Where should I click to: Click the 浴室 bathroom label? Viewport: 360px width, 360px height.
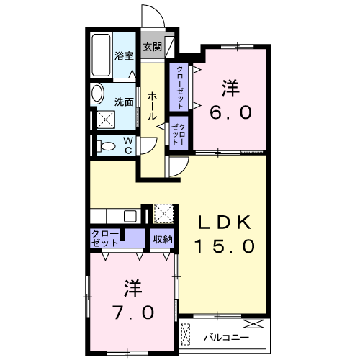124,55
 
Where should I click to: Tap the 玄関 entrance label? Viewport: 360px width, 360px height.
151,47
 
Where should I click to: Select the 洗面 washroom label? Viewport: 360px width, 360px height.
124,102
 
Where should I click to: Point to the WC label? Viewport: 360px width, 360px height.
127,145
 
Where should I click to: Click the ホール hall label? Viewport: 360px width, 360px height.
153,105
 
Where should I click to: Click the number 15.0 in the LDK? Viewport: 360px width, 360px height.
225,246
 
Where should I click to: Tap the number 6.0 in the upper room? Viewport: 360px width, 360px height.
230,113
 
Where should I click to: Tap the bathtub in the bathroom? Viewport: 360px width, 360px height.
102,55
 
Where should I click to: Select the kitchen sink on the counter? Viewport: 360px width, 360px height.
131,215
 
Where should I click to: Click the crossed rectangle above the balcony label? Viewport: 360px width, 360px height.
254,324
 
